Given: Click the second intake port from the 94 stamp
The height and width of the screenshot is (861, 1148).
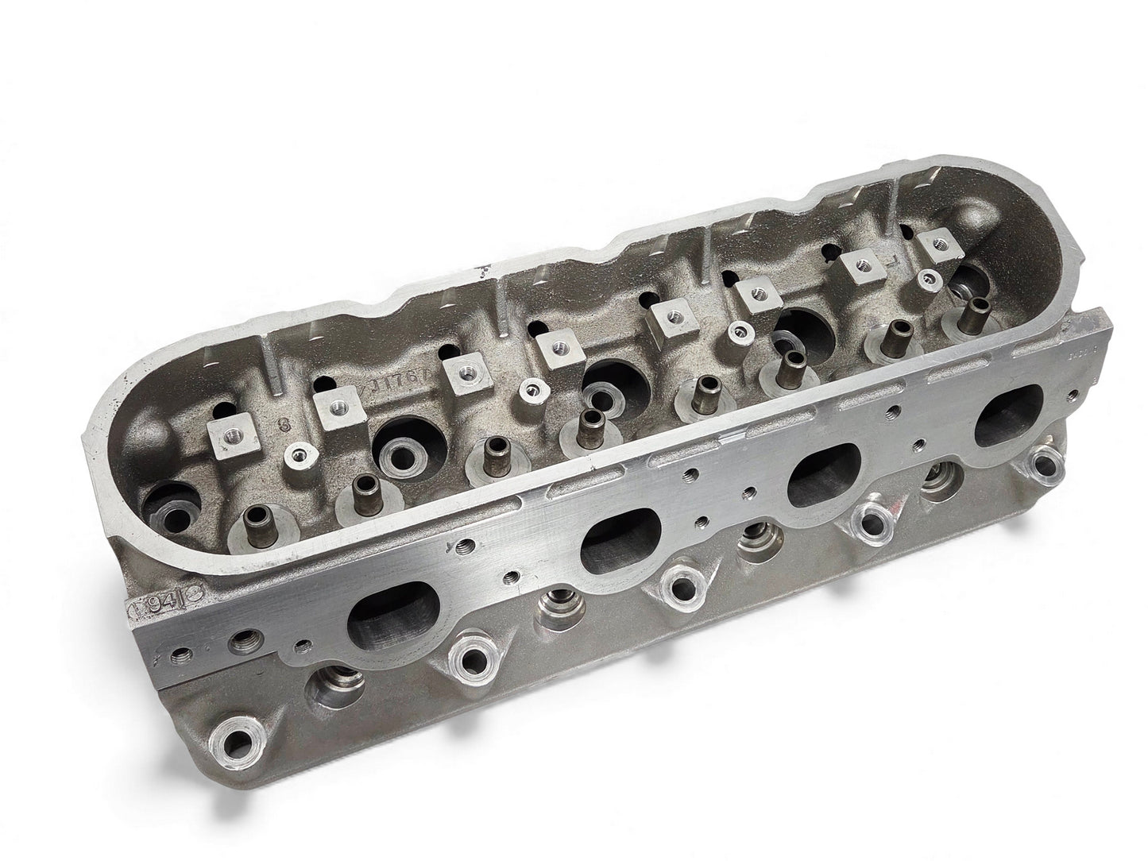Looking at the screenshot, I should tap(614, 540).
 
